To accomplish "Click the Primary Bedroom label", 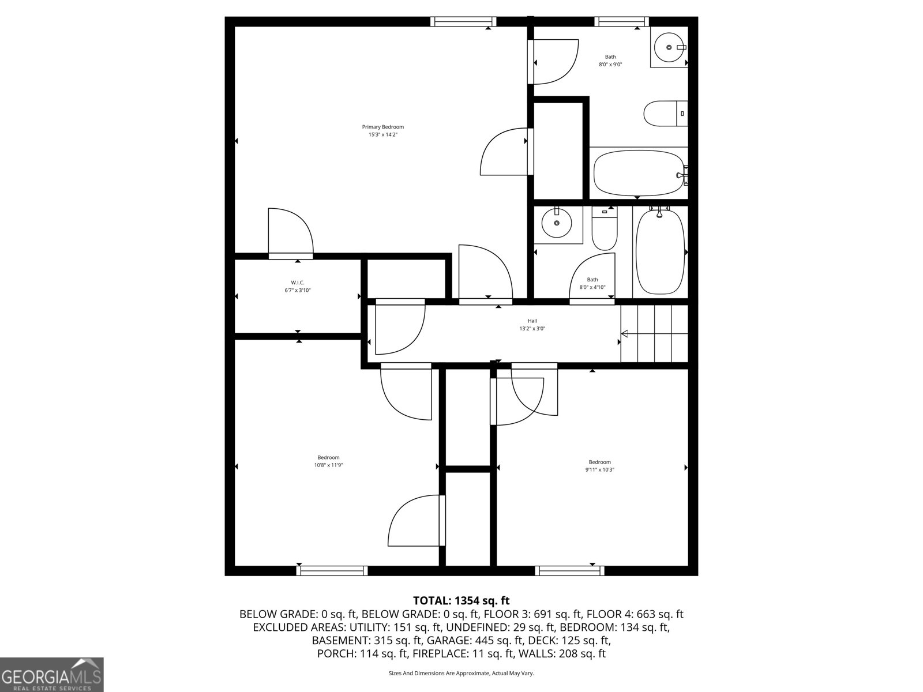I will (x=383, y=127).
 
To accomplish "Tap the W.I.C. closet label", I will (x=297, y=283).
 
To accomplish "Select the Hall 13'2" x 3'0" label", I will (x=532, y=325).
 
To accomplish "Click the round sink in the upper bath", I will (x=669, y=47).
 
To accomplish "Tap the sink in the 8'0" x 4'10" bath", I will (x=557, y=223).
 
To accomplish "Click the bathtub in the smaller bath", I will (x=660, y=253).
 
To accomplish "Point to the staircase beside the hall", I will (x=655, y=333).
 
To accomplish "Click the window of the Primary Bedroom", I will (x=463, y=22).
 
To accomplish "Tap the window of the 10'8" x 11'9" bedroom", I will (x=332, y=570).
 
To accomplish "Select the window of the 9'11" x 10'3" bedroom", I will (x=569, y=570).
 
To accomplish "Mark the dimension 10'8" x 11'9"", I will (x=328, y=465).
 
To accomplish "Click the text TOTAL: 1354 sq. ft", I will (x=461, y=600).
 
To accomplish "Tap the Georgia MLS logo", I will (x=51, y=674).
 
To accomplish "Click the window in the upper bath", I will (x=621, y=22).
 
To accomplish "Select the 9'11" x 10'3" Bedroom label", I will (x=599, y=462).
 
